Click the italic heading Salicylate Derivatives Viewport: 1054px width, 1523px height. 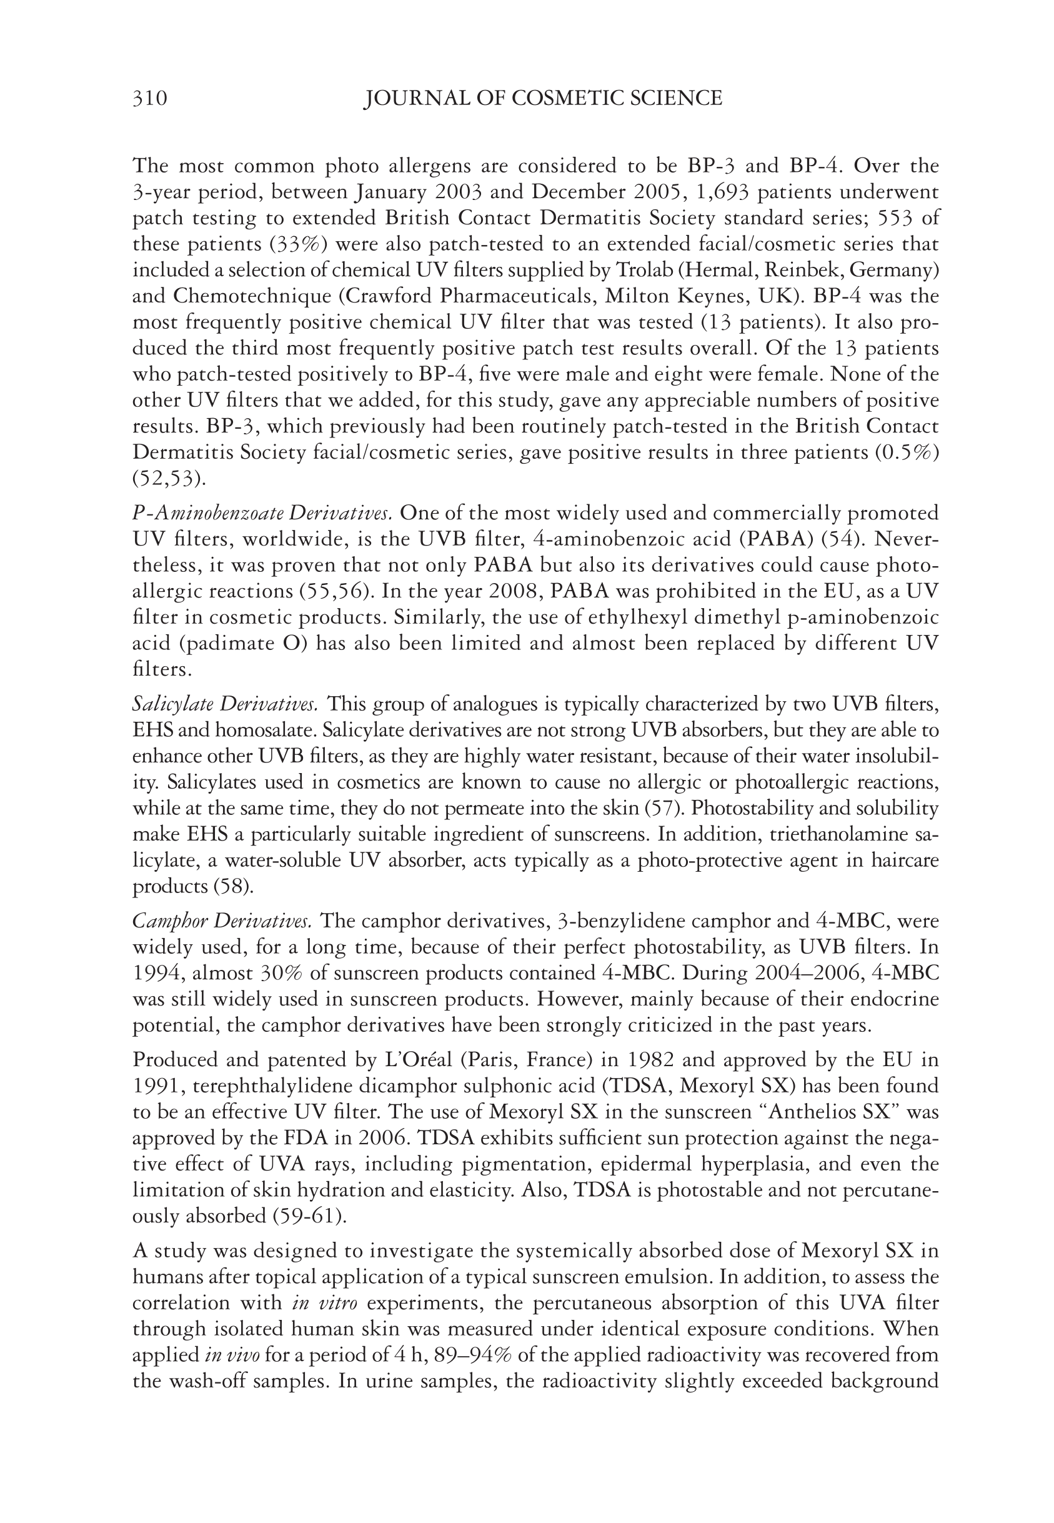point(225,705)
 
